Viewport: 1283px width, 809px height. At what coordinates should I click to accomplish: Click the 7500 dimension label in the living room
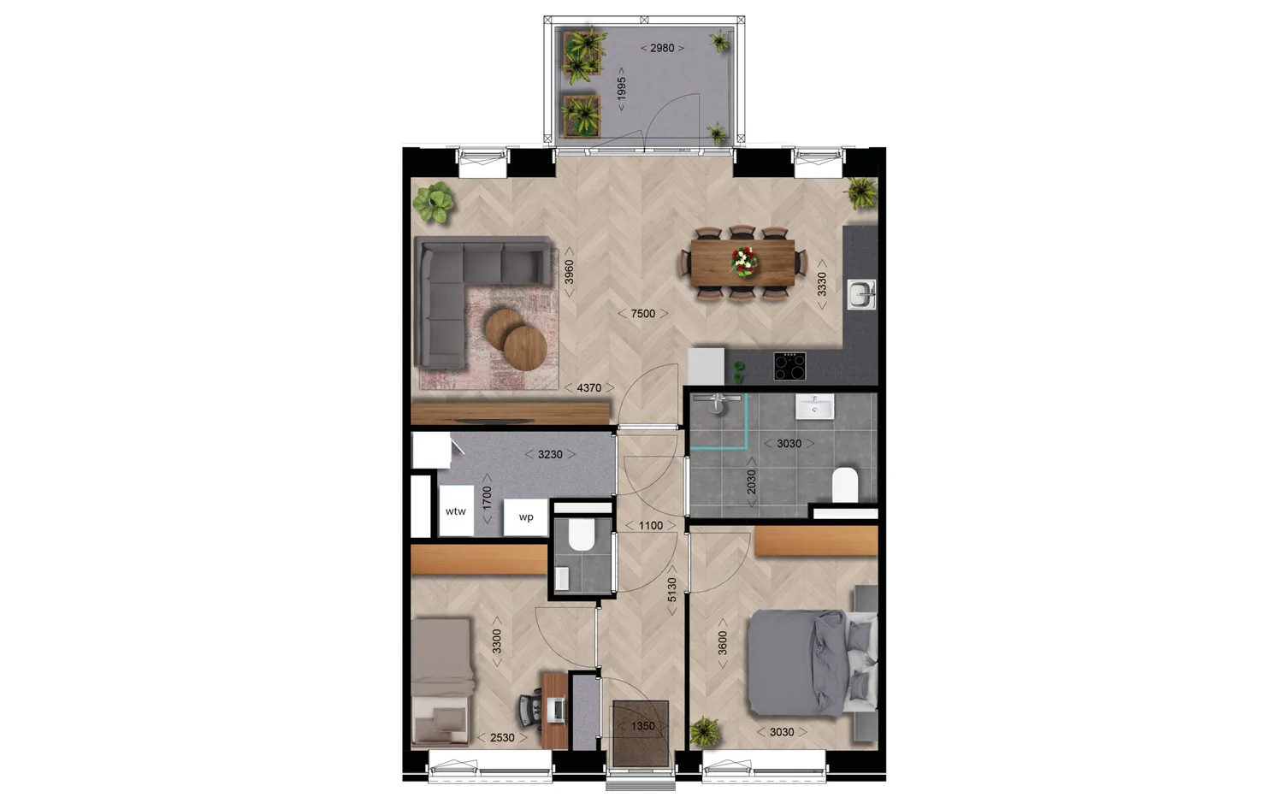pos(642,314)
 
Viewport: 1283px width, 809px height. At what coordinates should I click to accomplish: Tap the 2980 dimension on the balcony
pos(662,48)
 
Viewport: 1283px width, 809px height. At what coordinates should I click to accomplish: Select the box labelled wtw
pos(456,511)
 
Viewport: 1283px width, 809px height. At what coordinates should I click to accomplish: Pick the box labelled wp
pos(525,517)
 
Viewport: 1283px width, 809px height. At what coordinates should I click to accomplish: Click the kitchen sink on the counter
pos(860,294)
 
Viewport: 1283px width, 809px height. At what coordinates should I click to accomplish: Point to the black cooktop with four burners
pos(791,366)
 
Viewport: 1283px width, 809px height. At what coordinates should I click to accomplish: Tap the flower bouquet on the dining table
pos(744,261)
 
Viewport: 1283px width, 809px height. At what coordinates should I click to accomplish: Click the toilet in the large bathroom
pos(844,485)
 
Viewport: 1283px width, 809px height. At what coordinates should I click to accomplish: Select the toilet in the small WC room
pos(582,535)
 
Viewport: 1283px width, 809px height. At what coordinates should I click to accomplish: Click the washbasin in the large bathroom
pos(815,408)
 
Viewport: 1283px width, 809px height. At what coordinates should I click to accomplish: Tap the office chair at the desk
pos(529,710)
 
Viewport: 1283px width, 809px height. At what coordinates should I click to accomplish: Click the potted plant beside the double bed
pos(705,731)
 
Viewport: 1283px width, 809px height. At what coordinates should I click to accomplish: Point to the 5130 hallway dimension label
pos(671,589)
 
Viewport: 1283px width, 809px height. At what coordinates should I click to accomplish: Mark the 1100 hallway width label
pos(650,525)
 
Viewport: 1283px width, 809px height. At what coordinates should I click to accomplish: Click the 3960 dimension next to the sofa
pos(569,272)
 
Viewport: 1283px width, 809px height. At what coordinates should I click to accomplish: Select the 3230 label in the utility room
pos(550,454)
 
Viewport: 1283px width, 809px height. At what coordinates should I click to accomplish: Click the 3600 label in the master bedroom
pos(723,643)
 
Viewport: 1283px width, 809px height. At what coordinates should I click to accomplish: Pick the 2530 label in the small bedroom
pos(502,737)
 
